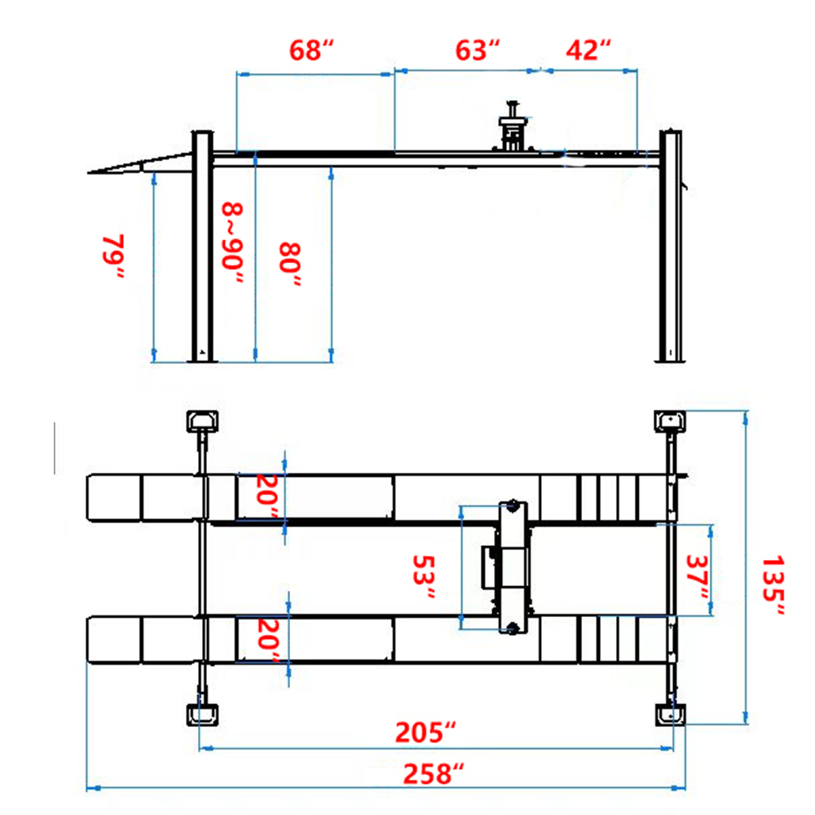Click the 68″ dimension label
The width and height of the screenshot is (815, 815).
coord(312,51)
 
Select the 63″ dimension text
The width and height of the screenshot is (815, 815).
coord(477,51)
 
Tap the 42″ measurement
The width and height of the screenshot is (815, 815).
coord(588,51)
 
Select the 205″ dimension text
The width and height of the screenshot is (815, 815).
coord(425,732)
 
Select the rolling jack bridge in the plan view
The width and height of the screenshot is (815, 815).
coord(513,566)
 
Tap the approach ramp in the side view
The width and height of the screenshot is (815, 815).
coord(139,165)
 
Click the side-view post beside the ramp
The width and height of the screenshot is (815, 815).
coord(201,244)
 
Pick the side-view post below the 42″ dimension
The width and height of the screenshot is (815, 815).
coord(670,244)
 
